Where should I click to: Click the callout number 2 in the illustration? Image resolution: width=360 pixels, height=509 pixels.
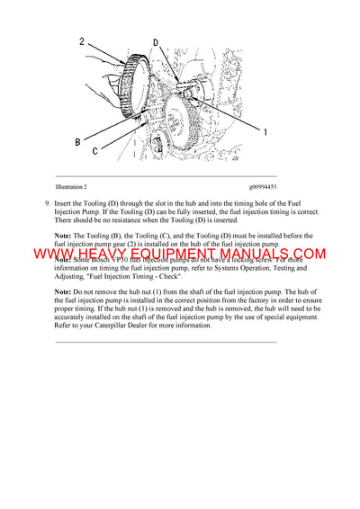81,40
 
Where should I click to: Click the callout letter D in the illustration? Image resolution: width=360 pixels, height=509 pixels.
156,42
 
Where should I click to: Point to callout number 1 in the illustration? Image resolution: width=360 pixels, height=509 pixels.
265,131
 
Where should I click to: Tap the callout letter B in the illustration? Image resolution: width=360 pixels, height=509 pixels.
78,141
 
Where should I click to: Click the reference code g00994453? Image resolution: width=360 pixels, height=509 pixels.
265,187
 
